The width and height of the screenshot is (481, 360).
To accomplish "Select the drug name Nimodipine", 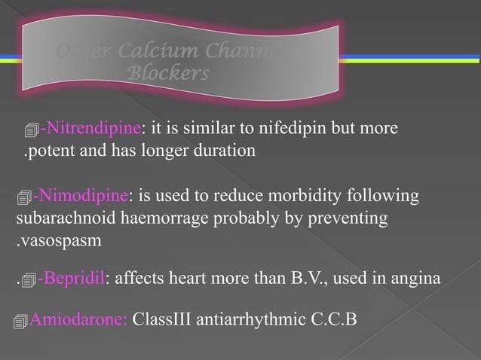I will pyautogui.click(x=84, y=197).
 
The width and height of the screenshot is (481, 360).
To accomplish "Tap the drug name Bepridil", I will pyautogui.click(x=74, y=280).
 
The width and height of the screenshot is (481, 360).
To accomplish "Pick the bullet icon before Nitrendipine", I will pyautogui.click(x=32, y=130).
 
